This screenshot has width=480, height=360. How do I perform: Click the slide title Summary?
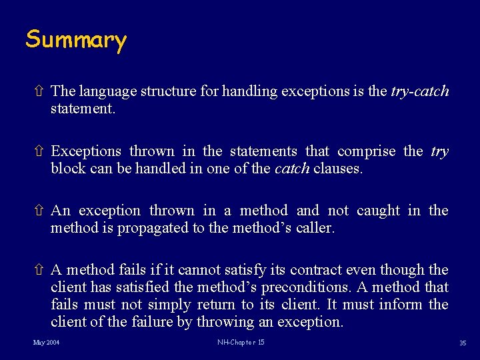click(x=76, y=40)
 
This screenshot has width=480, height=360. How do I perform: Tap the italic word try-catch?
click(x=420, y=91)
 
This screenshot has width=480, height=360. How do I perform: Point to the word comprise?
click(x=367, y=151)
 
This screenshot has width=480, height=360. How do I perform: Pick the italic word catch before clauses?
click(x=292, y=169)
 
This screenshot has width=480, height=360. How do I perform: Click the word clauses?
click(x=337, y=169)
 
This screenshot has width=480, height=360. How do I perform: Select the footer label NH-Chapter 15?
click(x=241, y=343)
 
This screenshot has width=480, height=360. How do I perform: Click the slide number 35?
click(x=462, y=343)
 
